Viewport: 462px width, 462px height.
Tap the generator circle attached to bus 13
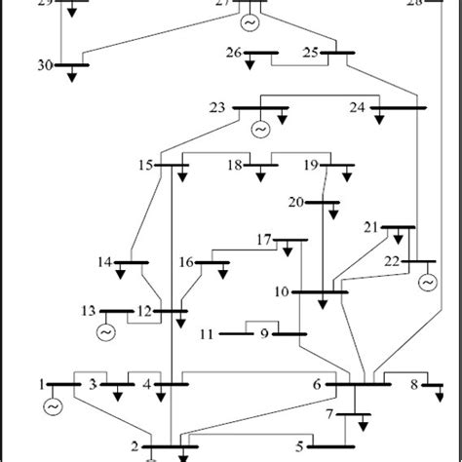(x=105, y=333)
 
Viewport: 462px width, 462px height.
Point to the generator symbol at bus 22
(x=427, y=283)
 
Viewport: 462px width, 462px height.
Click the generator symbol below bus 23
(x=260, y=128)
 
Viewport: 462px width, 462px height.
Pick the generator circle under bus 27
(x=250, y=22)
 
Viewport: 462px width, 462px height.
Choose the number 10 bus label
(x=281, y=291)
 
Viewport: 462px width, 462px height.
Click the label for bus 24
(x=358, y=107)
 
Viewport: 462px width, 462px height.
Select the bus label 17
(x=263, y=240)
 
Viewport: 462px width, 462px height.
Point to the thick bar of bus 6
(x=358, y=384)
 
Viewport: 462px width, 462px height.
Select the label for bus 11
(x=206, y=334)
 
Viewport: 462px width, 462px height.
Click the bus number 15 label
(x=145, y=167)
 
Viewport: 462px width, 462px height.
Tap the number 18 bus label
(x=235, y=167)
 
